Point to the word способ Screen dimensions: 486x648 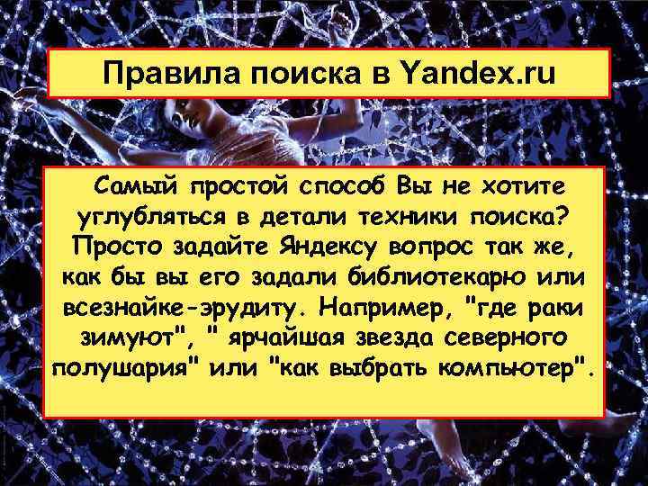[345, 187]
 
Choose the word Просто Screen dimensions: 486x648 [113, 247]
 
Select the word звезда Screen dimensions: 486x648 [413, 338]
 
